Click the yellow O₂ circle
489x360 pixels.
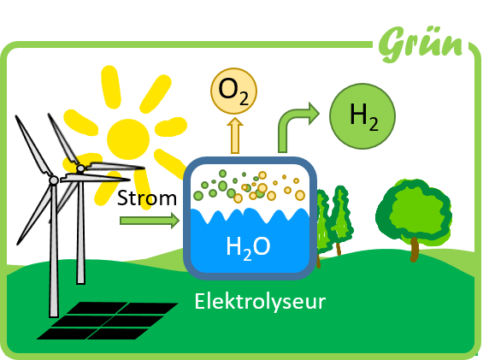pyautogui.click(x=233, y=91)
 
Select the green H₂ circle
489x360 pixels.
pyautogui.click(x=362, y=116)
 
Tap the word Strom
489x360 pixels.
pyautogui.click(x=147, y=198)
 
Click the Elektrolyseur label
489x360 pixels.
pyautogui.click(x=260, y=301)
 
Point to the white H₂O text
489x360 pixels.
pyautogui.click(x=248, y=248)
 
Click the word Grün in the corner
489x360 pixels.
pyautogui.click(x=421, y=44)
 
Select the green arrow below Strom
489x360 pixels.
pyautogui.click(x=150, y=221)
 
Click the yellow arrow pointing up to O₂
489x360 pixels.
pyautogui.click(x=235, y=136)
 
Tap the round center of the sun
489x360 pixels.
pyautogui.click(x=128, y=139)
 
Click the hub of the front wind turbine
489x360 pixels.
pyautogui.click(x=54, y=180)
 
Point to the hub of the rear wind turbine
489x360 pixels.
pyautogui.click(x=80, y=168)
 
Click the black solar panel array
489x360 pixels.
pyautogui.click(x=108, y=321)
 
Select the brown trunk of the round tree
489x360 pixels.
pyautogui.click(x=414, y=249)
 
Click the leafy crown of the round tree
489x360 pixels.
pyautogui.click(x=414, y=211)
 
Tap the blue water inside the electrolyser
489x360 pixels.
pyautogui.click(x=250, y=246)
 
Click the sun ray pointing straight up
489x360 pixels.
pyautogui.click(x=111, y=86)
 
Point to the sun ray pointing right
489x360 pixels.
pyautogui.click(x=171, y=127)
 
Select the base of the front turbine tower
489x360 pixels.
pyautogui.click(x=54, y=314)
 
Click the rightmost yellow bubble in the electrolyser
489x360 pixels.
pyautogui.click(x=300, y=195)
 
